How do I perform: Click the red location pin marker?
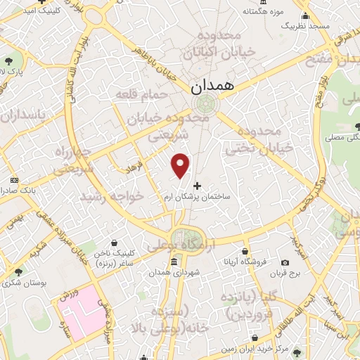coord(181,165)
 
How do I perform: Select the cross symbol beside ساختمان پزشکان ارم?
coord(196,187)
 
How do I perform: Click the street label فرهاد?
coord(134,167)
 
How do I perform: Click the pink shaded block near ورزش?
coord(92,309)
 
